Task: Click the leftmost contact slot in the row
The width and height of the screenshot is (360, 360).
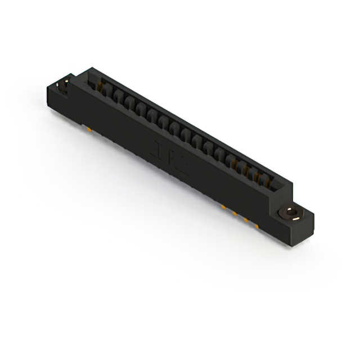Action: point(105,91)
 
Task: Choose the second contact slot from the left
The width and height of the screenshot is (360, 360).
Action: point(116,97)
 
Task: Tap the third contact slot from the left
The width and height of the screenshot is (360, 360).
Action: point(128,103)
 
